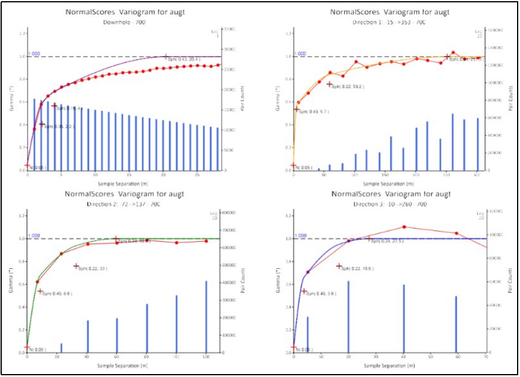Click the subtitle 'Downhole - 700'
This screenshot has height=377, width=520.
coord(124,22)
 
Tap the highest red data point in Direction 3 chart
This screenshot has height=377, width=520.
coord(404,227)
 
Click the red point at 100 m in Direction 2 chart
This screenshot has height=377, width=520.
coord(176,242)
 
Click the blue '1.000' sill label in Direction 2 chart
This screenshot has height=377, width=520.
coord(34,235)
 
